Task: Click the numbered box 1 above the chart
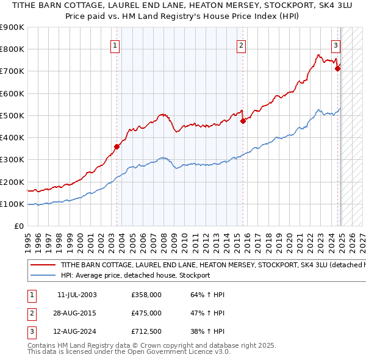point(115,45)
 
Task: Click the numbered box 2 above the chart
point(242,45)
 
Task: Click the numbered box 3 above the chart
point(336,45)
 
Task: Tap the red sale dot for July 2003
point(117,146)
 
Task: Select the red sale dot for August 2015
point(243,121)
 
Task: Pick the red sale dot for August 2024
point(337,68)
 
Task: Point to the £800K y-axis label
point(12,49)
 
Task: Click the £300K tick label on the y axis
point(12,160)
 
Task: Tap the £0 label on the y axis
point(20,226)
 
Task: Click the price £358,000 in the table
point(146,295)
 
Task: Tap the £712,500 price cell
point(146,332)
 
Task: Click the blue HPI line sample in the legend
point(43,275)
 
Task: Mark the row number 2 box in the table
point(31,313)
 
